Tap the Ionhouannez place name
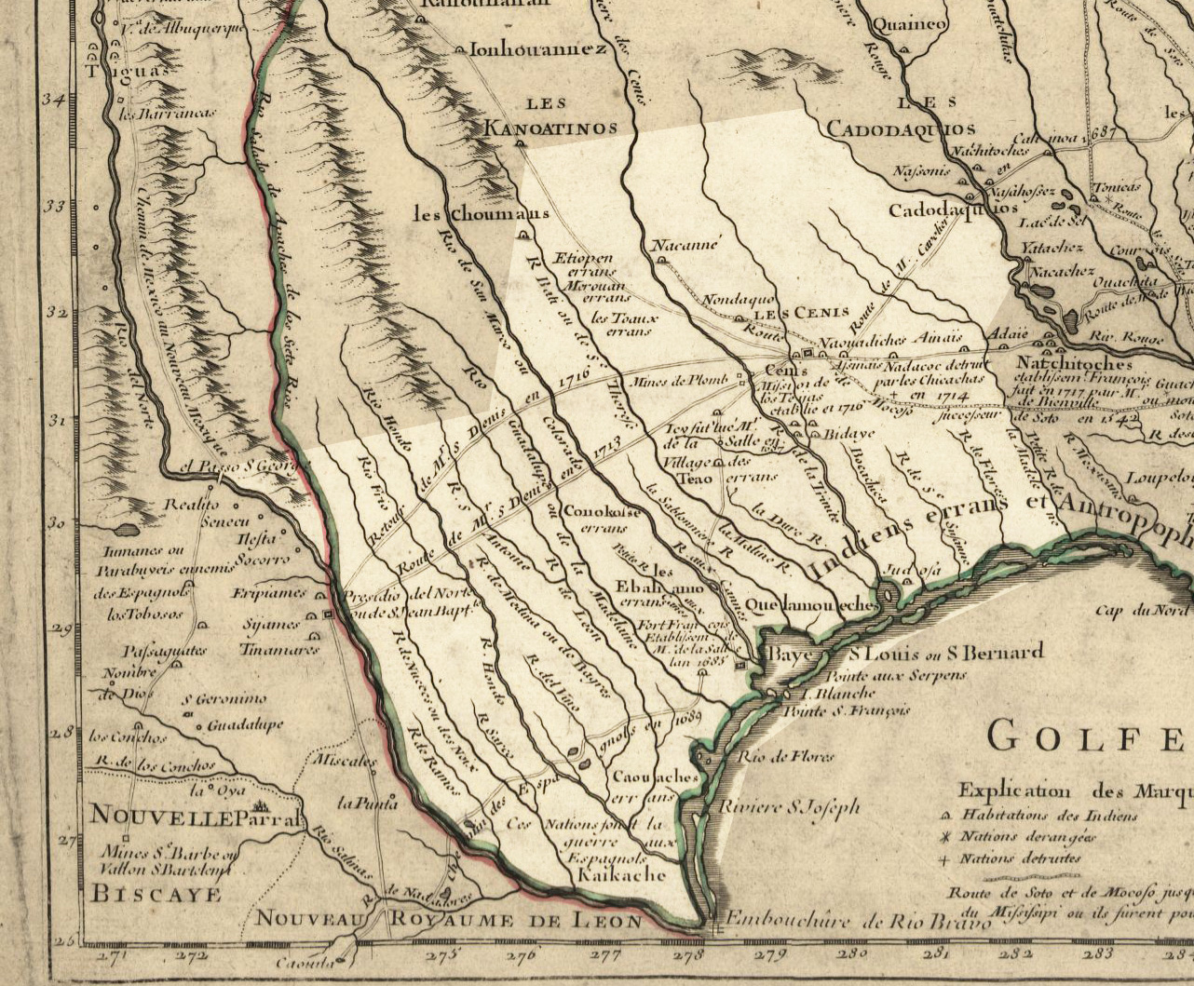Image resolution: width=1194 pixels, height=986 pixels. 532,49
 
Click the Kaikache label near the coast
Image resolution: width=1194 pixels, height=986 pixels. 619,875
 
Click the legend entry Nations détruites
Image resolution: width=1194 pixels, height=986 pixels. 1020,858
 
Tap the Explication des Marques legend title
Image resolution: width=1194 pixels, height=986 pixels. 1076,791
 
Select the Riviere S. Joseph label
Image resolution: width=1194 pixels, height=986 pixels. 791,807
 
